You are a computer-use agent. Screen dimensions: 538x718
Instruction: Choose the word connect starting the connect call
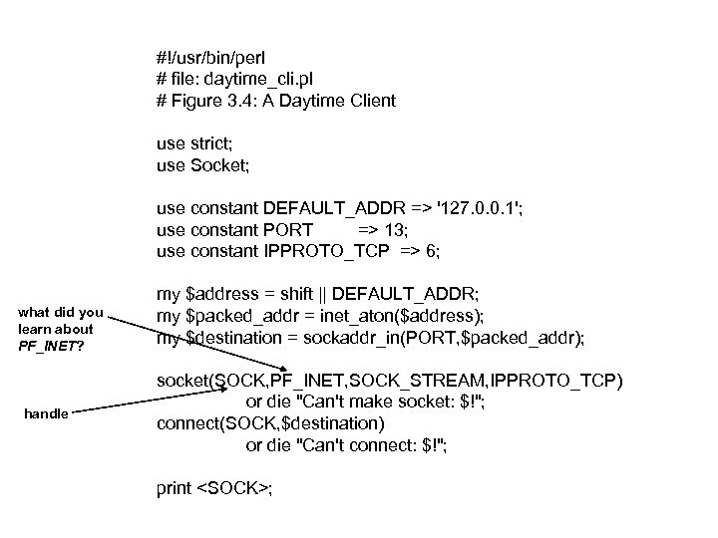(x=187, y=423)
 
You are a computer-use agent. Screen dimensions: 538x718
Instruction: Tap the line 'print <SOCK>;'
(x=214, y=489)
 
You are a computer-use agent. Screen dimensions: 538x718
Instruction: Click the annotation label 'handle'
(x=46, y=412)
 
